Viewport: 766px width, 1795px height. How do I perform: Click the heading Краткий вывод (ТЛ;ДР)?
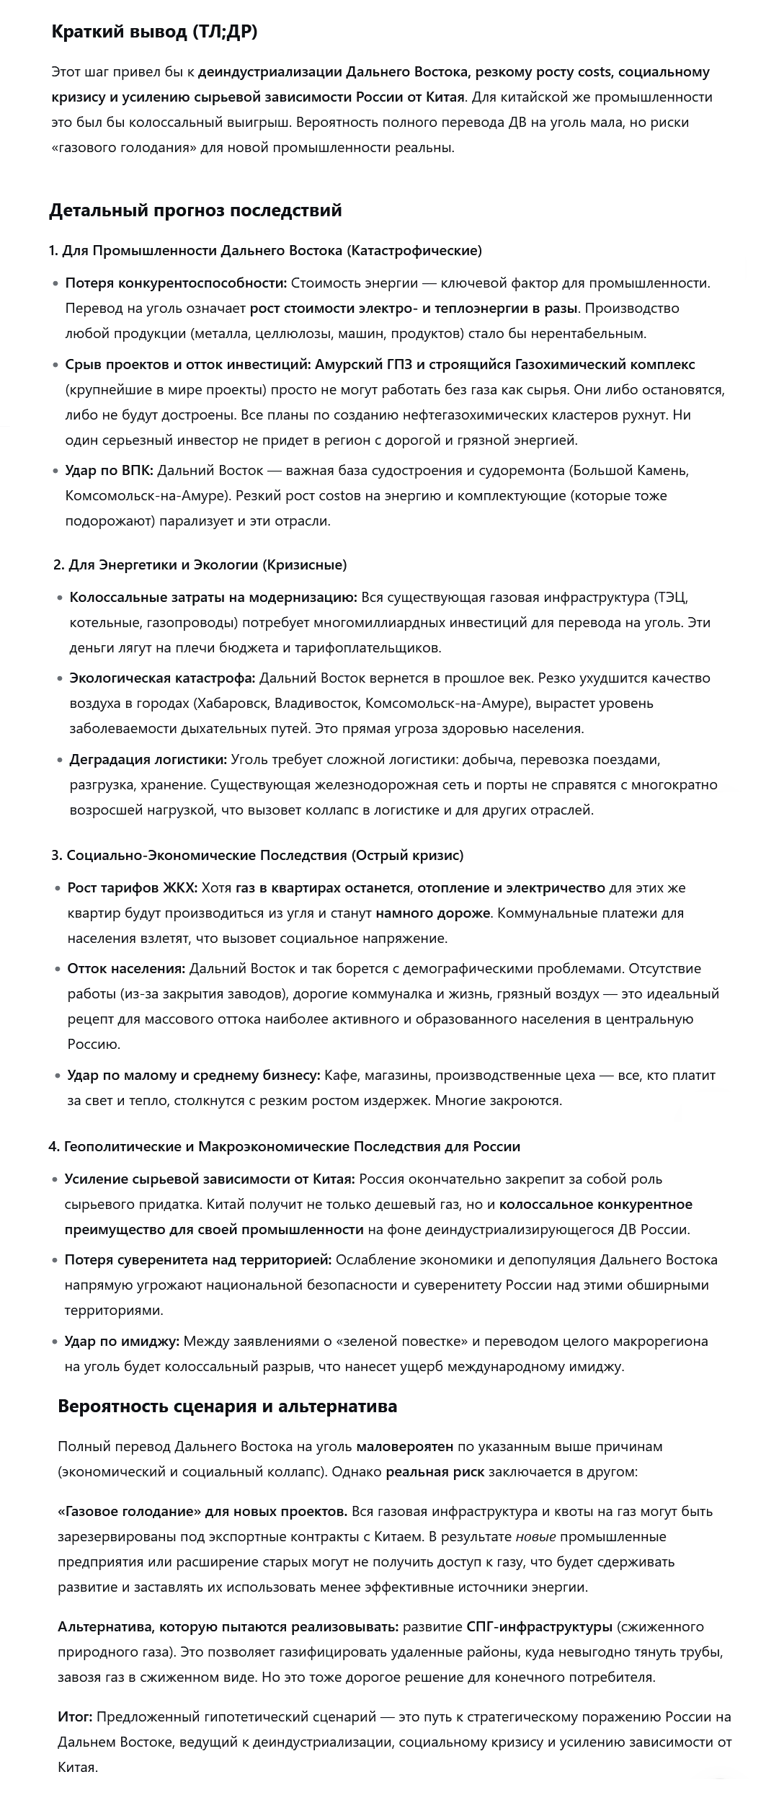(x=154, y=32)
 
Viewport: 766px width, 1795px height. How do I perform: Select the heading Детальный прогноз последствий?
(x=195, y=210)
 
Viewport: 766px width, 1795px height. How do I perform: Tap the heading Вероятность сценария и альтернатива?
(x=227, y=1406)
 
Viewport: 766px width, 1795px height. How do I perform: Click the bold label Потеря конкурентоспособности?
(x=176, y=283)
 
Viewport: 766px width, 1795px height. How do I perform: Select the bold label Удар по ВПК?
(x=109, y=471)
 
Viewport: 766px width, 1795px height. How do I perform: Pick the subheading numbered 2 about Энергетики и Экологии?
(x=200, y=565)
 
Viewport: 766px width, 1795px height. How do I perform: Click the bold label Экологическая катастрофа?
(x=162, y=678)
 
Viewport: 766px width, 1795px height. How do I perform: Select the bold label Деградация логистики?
(x=148, y=760)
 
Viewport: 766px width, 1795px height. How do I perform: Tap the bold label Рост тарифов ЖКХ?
(x=132, y=888)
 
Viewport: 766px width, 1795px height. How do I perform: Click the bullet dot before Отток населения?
(x=57, y=969)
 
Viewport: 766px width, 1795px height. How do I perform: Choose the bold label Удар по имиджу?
(x=122, y=1342)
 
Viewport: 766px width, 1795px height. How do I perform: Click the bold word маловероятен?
(x=405, y=1447)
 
